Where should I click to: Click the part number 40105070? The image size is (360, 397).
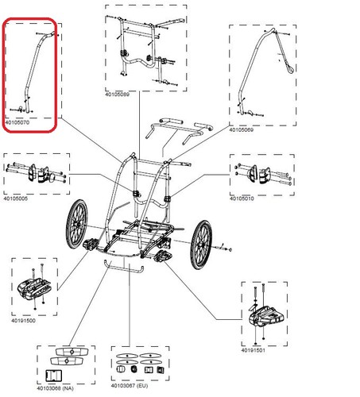coord(17,122)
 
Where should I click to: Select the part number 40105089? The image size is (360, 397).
coord(118,94)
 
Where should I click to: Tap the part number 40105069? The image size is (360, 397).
coord(242,129)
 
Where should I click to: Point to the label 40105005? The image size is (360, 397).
coord(15,198)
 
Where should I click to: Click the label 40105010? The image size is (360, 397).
coord(242,198)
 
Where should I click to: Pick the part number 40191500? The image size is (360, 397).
coord(23,321)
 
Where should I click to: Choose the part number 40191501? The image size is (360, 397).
coord(254,350)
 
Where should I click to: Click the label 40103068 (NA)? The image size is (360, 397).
coord(55,388)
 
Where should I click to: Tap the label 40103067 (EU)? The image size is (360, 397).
coord(130,386)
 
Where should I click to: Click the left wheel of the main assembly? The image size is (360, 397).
coord(77,224)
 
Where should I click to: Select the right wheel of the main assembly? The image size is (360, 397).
coord(201,245)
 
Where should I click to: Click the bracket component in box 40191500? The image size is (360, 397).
coord(34,288)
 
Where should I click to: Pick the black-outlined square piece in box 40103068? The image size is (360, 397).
coord(54,376)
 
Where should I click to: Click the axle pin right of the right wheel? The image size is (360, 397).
coord(223,248)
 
